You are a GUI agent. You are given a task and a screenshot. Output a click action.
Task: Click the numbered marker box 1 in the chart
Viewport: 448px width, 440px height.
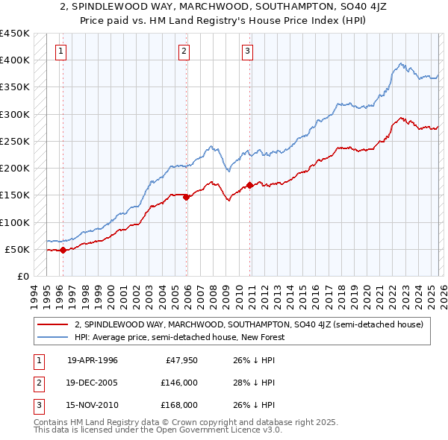point(60,51)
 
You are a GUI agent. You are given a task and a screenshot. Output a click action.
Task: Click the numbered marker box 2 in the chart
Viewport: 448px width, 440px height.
point(184,51)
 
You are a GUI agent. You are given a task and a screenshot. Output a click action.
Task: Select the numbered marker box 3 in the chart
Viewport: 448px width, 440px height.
point(247,51)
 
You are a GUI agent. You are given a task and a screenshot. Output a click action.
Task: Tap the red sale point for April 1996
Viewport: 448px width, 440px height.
point(63,251)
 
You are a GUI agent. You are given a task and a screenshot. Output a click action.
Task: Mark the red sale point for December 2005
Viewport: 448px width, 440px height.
point(186,198)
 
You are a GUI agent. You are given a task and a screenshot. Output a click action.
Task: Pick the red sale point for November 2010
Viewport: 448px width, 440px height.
point(249,186)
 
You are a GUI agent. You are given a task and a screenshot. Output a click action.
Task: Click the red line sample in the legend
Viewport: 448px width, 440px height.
point(53,324)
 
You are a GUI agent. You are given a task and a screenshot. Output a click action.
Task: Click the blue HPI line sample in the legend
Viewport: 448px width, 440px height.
point(53,338)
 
